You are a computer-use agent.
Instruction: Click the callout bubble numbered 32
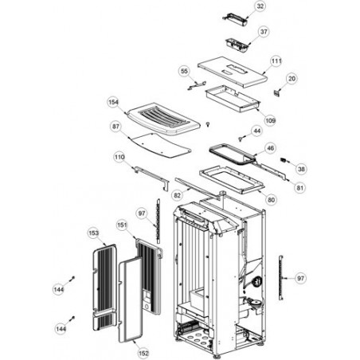[260, 6]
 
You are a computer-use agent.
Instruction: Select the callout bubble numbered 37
[264, 32]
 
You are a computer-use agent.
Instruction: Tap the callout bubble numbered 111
[276, 61]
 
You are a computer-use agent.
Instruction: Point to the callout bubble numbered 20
[292, 79]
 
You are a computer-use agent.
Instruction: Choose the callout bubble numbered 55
[184, 71]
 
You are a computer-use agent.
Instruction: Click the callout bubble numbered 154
[113, 102]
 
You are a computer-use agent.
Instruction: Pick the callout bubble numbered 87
[115, 127]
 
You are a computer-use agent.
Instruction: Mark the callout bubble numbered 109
[270, 120]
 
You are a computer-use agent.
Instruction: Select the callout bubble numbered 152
[143, 354]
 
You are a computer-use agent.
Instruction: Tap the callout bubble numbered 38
[301, 169]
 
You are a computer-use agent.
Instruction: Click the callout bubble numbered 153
[93, 233]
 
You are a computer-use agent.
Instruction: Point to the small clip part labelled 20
[277, 92]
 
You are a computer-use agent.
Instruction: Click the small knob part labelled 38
[284, 160]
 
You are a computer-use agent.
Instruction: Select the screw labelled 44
[241, 139]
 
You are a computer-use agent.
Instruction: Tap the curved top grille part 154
[163, 119]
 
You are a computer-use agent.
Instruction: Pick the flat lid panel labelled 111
[233, 72]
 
